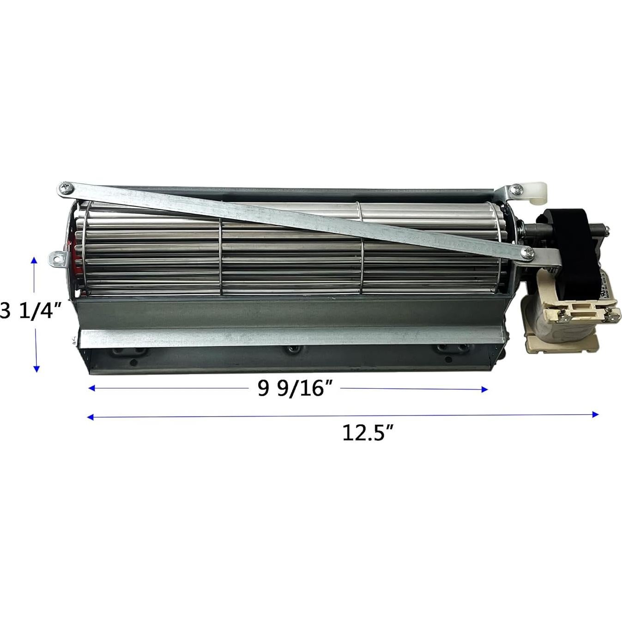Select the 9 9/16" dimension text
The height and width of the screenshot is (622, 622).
tap(296, 388)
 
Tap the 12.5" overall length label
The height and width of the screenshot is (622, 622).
tap(368, 433)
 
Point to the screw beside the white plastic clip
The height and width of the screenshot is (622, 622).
tap(516, 188)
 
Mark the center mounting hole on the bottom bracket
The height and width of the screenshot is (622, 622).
tap(291, 349)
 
